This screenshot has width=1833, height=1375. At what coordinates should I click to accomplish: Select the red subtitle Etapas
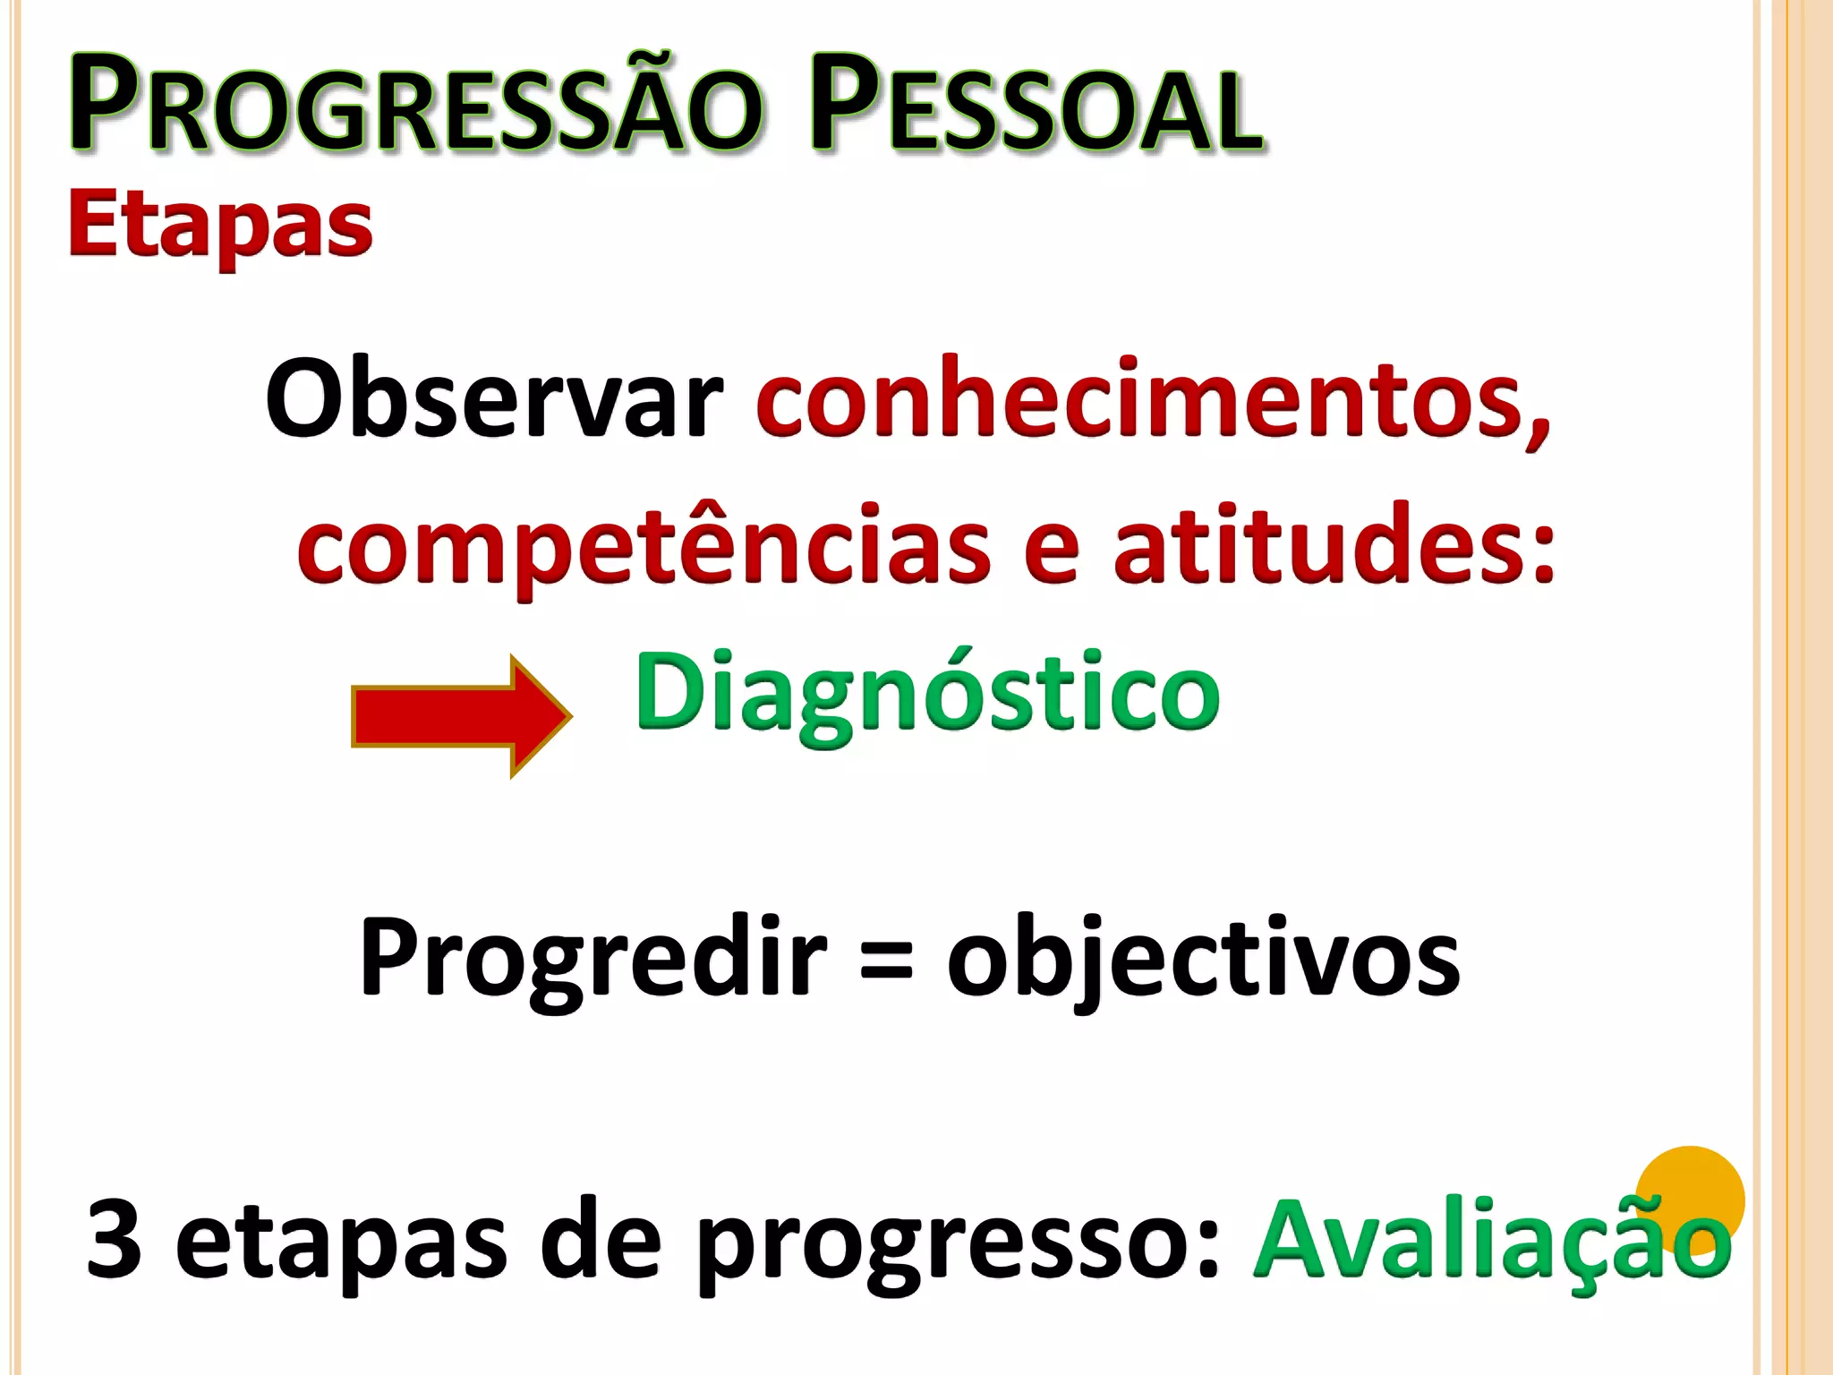pos(220,226)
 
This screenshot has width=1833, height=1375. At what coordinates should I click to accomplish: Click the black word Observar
pos(494,398)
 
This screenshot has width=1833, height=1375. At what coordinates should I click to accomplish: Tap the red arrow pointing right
pos(460,716)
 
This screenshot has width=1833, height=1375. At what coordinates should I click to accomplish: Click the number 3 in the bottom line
pos(114,1241)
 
